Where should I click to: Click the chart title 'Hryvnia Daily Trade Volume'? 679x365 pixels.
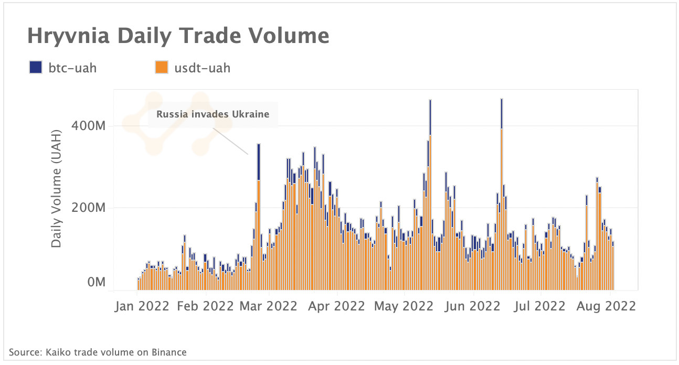178,36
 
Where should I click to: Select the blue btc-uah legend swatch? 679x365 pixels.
36,68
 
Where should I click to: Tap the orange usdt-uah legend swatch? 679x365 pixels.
161,68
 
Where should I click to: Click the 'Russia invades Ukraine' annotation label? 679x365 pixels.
213,114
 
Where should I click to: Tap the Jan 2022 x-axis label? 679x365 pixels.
142,306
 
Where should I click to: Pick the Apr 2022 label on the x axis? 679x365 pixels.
337,306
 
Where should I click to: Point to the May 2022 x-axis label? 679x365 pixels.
404,306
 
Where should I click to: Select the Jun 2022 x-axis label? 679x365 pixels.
472,306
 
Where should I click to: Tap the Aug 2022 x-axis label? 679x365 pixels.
607,306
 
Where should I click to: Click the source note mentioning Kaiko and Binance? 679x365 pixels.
98,352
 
